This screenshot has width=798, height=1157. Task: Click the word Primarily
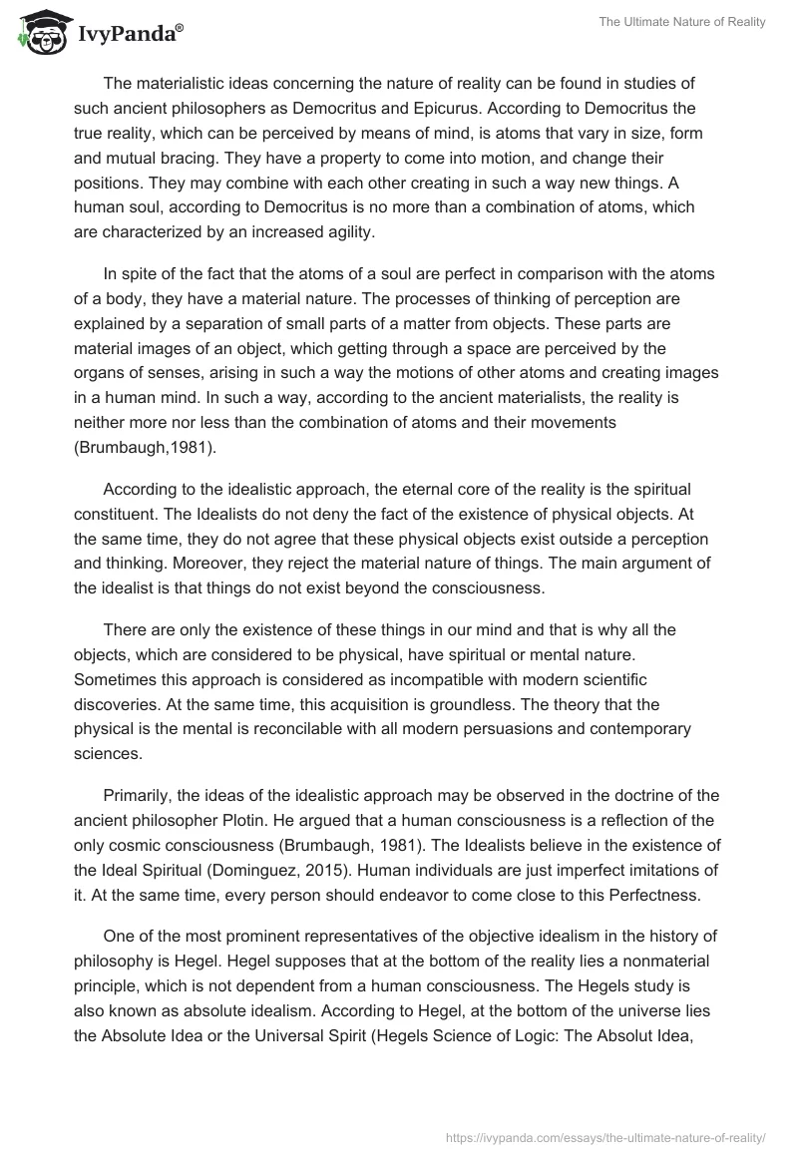click(138, 794)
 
